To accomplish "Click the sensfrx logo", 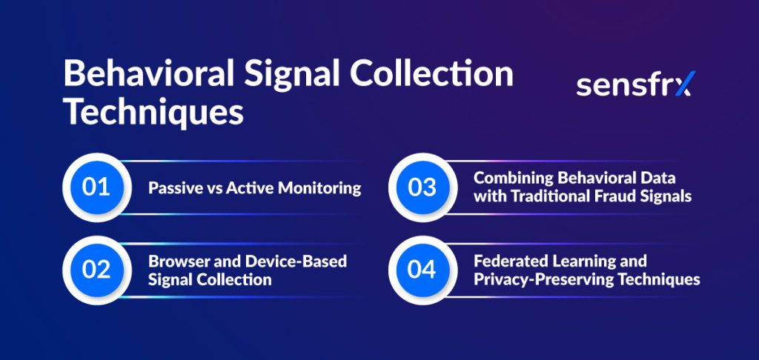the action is pyautogui.click(x=635, y=84).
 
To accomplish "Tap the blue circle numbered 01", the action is pyautogui.click(x=96, y=187).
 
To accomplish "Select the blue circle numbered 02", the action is pyautogui.click(x=96, y=270).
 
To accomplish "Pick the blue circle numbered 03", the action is pyautogui.click(x=422, y=187).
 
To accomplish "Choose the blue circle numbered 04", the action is pyautogui.click(x=422, y=270).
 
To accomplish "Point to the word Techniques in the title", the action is pyautogui.click(x=153, y=113).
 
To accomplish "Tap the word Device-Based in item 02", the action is pyautogui.click(x=296, y=261).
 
